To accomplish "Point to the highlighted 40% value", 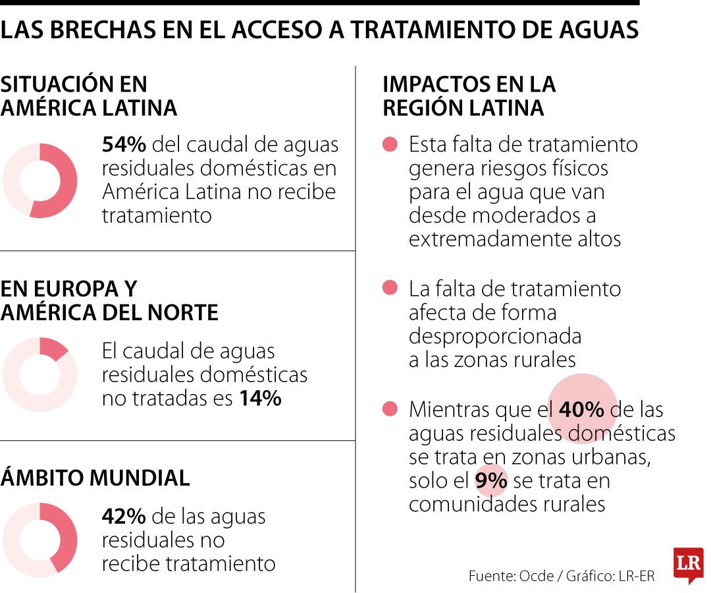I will pos(581,410).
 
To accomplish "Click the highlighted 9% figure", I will pos(490,481).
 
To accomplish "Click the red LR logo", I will pos(688,564).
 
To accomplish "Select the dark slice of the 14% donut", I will pos(52,348).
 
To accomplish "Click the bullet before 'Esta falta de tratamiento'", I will pos(390,144).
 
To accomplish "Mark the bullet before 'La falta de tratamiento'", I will pos(390,288).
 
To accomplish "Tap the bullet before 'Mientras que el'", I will pos(390,410).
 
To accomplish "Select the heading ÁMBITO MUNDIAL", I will pos(95,478).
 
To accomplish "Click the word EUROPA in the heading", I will pos(72,289).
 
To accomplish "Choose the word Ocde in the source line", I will pos(536,576).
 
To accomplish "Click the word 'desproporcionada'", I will pos(495,336).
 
